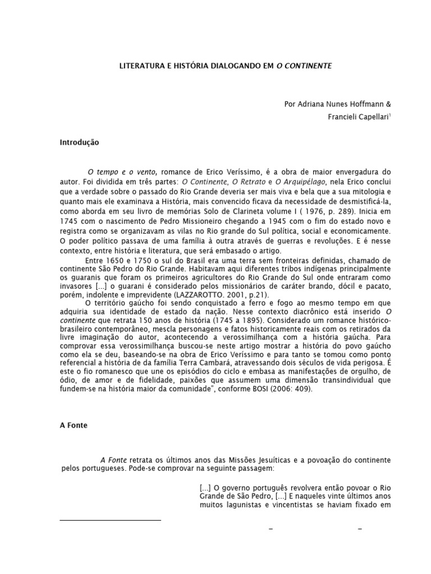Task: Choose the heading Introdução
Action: click(x=79, y=142)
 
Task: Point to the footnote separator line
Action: click(x=110, y=520)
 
